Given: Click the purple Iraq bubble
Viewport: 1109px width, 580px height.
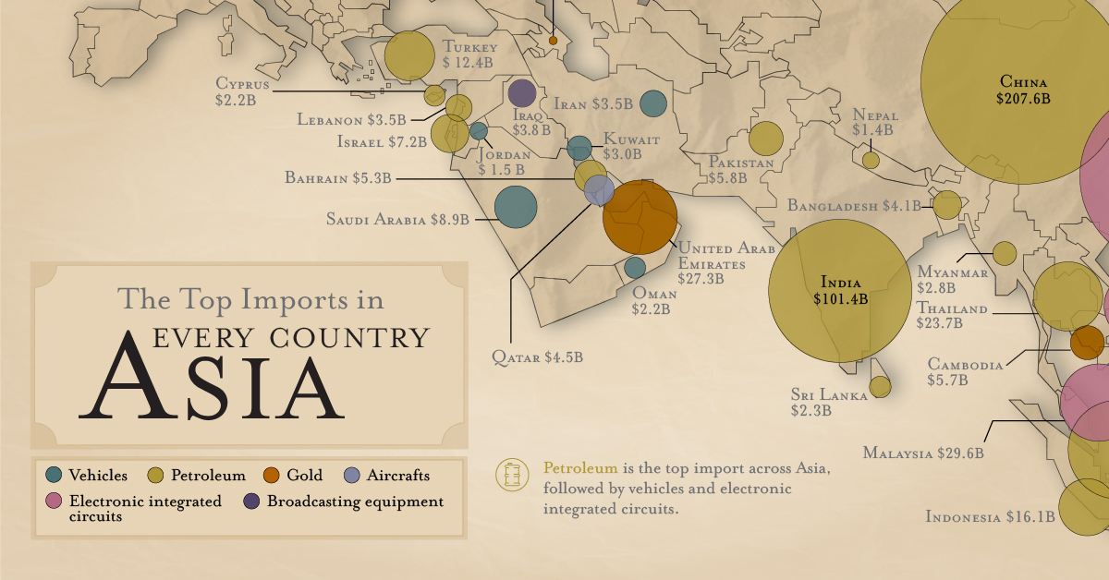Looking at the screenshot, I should coord(521,93).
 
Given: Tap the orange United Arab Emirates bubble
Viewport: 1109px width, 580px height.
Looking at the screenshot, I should coord(640,217).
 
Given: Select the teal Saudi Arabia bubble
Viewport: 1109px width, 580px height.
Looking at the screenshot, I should coord(516,207).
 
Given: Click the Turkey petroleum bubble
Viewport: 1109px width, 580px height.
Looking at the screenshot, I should coord(408,55).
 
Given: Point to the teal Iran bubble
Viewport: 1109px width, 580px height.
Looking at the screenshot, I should coord(653,103).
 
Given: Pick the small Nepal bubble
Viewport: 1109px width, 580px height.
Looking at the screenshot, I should coord(871,160).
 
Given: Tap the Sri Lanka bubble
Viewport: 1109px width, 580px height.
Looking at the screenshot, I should coord(881,385).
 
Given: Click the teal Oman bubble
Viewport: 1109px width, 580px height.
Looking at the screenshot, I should coord(635,268).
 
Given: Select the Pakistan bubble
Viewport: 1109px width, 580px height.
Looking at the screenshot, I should coord(765,138).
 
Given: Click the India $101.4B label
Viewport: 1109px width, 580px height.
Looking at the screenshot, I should coord(837,291).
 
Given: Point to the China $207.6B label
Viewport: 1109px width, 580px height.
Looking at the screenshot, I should coord(1024,89).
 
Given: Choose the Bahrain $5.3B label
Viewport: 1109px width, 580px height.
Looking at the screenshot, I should coord(338,178).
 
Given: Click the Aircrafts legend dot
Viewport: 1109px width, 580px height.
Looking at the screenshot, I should coord(351,476).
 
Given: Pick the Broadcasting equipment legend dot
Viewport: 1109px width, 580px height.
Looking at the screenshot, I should coord(251,501).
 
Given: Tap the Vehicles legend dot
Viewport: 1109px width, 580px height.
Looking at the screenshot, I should coord(54,476).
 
